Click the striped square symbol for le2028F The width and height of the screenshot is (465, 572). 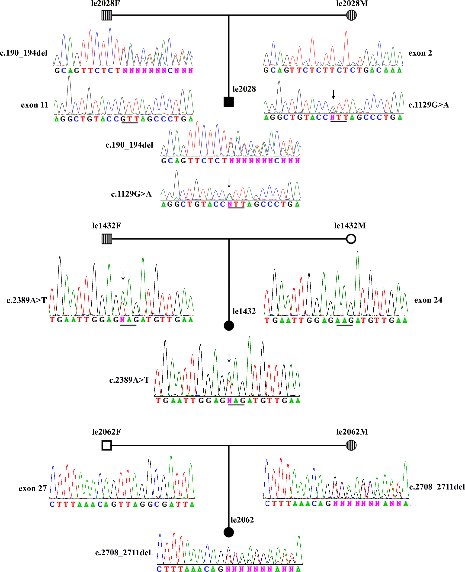pos(107,15)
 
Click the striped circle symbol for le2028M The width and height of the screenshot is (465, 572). pos(351,15)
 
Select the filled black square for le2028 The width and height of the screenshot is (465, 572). pos(228,102)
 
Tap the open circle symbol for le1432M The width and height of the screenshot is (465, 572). pos(351,238)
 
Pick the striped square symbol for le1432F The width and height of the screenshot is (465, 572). pos(107,239)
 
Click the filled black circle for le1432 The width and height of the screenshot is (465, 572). pos(229,325)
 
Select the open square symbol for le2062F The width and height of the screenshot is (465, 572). pos(107,445)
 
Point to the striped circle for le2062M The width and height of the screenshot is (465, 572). pos(351,445)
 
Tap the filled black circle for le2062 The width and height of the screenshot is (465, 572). pos(228,532)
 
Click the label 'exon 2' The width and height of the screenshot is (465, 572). pos(420,53)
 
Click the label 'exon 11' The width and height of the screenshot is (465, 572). pos(35,105)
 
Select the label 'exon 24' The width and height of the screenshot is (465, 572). pos(428,300)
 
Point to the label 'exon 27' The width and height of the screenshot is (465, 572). pos(33,489)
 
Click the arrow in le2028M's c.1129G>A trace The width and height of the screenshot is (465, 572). pos(333,94)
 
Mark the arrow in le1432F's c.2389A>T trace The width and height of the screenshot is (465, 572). pos(123,275)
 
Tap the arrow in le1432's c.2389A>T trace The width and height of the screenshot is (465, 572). pos(229,357)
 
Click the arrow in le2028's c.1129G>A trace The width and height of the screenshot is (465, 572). pos(229,183)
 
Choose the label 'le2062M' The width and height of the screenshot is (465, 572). pos(352,432)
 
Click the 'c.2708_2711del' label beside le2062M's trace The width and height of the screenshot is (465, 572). pos(437,487)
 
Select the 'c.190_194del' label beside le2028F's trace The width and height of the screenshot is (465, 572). pos(24,53)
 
